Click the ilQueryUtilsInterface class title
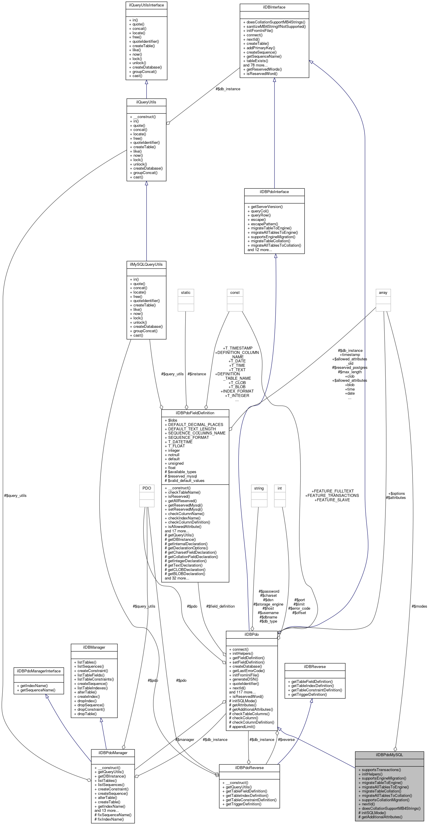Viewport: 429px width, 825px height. pos(146,5)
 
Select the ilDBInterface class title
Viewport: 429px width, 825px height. pos(274,7)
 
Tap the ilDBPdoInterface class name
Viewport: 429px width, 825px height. pos(274,192)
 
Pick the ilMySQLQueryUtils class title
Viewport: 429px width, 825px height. pos(146,265)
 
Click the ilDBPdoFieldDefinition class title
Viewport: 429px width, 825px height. pos(195,413)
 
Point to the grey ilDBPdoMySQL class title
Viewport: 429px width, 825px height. pos(389,755)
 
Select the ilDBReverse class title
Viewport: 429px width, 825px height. pos(315,667)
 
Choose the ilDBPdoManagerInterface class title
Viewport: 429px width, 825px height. pos(39,671)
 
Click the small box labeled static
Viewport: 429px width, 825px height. pos(186,292)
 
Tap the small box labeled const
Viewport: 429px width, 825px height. pos(235,292)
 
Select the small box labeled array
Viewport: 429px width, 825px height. pos(383,292)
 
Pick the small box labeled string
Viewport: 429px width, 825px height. pos(259,488)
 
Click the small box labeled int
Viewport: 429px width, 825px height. pos(279,488)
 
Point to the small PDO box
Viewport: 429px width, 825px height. pos(147,488)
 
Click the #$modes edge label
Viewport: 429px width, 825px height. pos(419,606)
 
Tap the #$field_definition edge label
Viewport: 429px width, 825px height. pos(220,606)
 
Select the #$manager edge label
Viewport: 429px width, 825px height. pos(185,739)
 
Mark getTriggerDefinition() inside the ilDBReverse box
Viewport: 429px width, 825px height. pos(309,694)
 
